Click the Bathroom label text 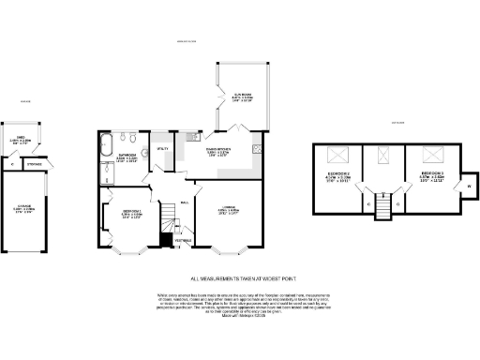(x=128, y=155)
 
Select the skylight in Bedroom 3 (x=432, y=154)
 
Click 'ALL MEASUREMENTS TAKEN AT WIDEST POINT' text (x=239, y=278)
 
